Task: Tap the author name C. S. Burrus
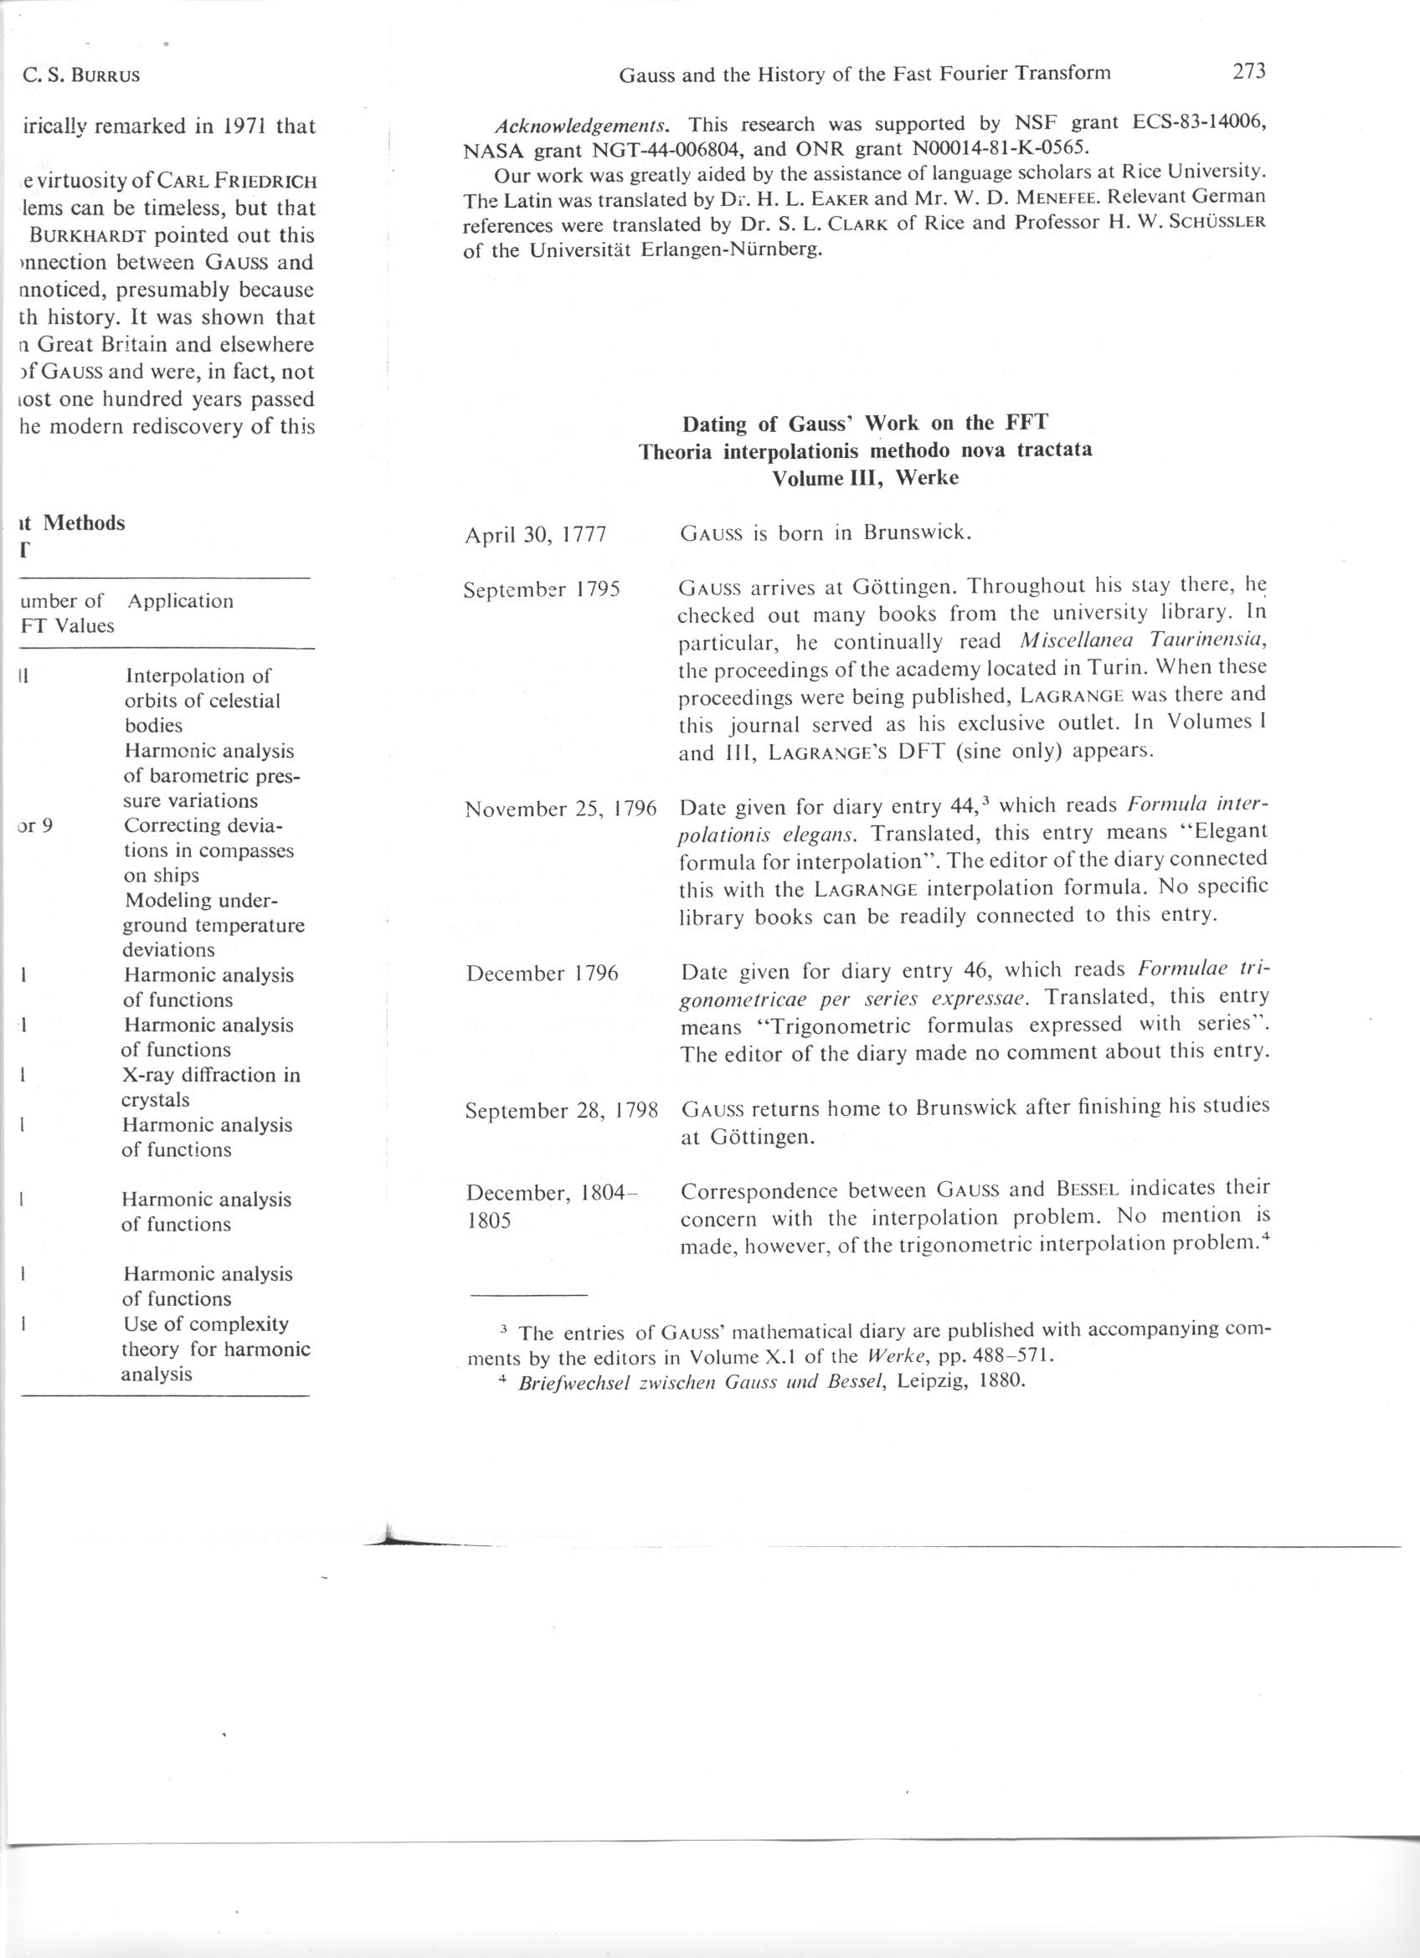point(82,76)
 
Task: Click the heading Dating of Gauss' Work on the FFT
point(865,423)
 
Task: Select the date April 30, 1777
point(535,535)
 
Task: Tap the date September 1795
point(542,591)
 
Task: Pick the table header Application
point(179,601)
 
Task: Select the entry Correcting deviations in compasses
point(208,850)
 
